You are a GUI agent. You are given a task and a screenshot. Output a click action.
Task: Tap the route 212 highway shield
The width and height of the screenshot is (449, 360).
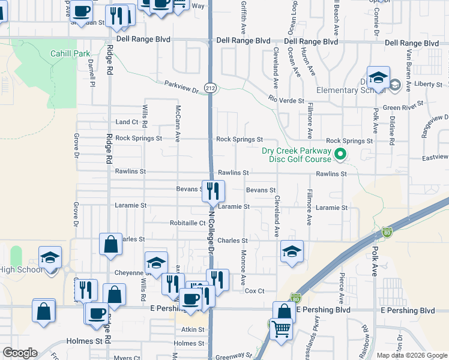210,88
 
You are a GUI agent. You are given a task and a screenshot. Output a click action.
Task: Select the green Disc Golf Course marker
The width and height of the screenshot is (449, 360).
340,154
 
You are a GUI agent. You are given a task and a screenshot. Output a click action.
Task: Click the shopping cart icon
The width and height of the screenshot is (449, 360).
281,329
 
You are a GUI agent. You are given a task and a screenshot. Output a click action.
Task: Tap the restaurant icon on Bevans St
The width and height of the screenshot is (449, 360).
213,191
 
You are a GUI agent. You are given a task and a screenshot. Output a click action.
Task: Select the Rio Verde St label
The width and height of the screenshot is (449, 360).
286,100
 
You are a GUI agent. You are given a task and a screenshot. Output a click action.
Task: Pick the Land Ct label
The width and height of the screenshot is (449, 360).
127,122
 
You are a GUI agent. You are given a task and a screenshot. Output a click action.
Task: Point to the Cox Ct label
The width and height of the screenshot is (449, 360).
255,291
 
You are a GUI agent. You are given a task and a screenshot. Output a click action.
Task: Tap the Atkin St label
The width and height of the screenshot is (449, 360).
193,329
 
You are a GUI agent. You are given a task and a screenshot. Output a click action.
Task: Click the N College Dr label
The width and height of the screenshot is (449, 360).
211,230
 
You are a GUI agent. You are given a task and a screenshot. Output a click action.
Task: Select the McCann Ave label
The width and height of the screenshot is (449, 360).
178,123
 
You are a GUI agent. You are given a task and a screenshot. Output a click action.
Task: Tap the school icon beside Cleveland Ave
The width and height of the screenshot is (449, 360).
292,252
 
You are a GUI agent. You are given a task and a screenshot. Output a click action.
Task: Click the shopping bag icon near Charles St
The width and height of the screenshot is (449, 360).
110,245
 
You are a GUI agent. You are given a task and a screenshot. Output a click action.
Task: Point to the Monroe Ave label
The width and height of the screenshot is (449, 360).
244,268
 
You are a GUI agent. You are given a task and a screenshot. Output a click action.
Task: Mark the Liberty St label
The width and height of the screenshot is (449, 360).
427,84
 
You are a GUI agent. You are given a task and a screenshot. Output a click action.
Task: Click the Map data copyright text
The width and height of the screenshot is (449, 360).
411,355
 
